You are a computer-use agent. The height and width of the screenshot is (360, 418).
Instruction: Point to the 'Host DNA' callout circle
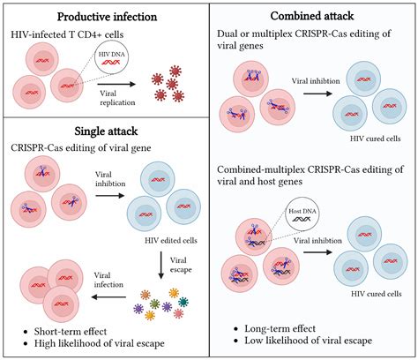coord(302,213)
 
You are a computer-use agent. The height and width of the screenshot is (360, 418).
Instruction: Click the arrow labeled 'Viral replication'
coord(111,85)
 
